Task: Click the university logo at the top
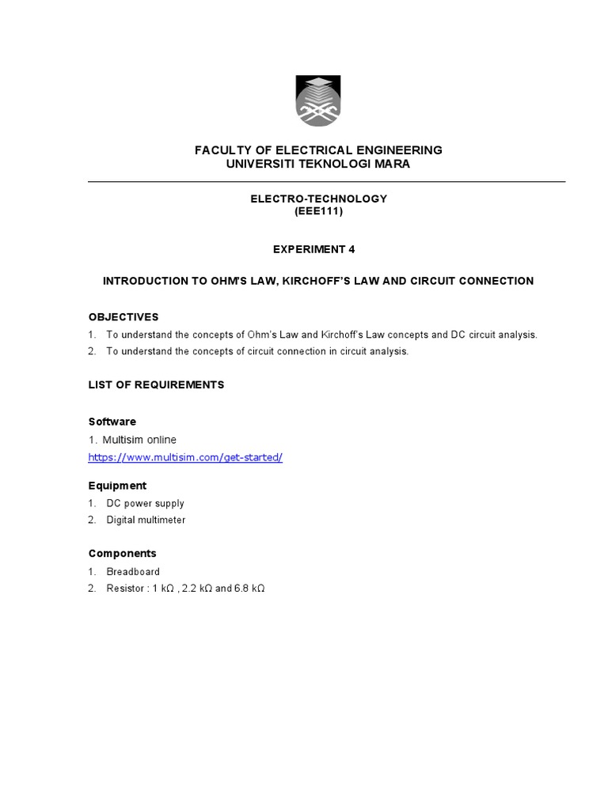[319, 100]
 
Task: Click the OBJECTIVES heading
[123, 316]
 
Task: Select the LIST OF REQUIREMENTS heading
[156, 384]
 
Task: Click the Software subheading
[112, 422]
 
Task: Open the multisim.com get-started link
[185, 457]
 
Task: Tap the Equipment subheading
[117, 485]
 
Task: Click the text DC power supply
[146, 503]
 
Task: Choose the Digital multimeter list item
[146, 520]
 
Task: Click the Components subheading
[122, 553]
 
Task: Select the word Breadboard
[133, 571]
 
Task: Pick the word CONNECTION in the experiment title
[493, 281]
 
